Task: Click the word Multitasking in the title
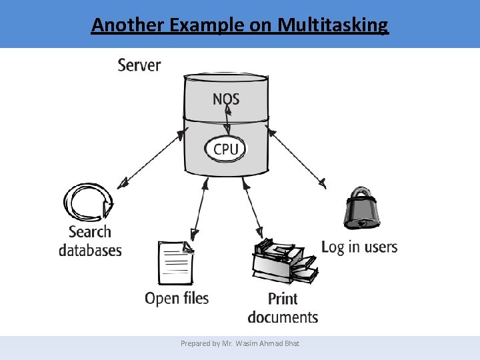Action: click(x=333, y=25)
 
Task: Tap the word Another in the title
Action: click(x=128, y=25)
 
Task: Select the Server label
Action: click(x=139, y=65)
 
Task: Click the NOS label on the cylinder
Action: click(x=226, y=99)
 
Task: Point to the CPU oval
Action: click(x=226, y=148)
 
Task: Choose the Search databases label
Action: click(x=90, y=241)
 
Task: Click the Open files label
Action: click(x=177, y=298)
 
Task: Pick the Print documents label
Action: click(x=283, y=307)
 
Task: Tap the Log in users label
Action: click(x=359, y=247)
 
